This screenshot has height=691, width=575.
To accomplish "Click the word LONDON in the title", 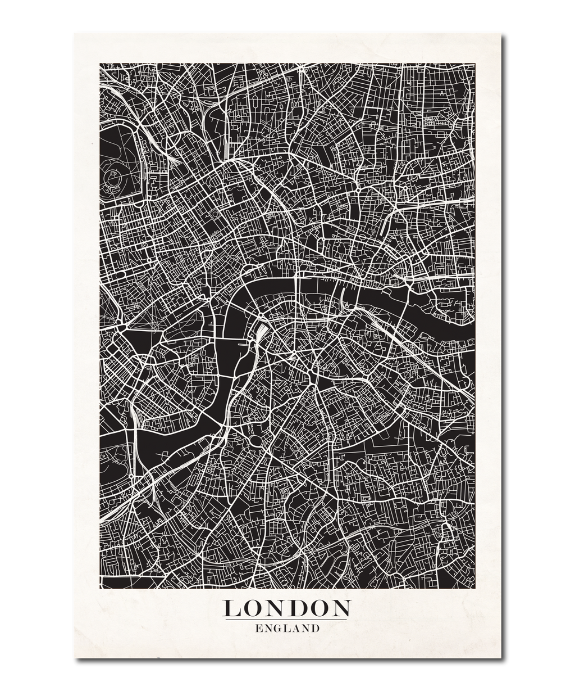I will coord(287,608).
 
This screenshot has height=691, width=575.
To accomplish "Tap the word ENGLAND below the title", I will coord(287,629).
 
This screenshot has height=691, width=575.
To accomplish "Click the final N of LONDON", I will coord(340,608).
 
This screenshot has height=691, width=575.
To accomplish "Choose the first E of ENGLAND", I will coord(259,629).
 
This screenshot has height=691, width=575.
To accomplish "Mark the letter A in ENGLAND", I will coord(296,629).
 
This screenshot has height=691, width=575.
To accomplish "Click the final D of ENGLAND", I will coord(315,629).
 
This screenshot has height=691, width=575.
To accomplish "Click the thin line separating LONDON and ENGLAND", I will coord(287,620).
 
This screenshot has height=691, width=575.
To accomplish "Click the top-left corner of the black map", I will coord(101,64).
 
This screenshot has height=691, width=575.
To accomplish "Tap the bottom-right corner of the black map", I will coord(474,588).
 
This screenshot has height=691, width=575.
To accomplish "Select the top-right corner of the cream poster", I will coord(501,32).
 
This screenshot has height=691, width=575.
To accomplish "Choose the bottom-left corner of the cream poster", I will coord(73,657).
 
